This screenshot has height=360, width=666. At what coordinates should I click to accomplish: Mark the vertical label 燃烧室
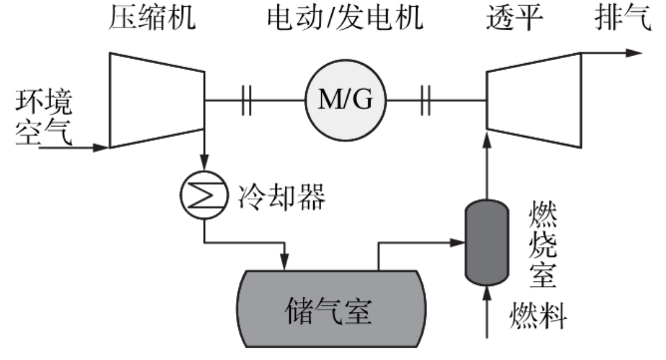click(543, 247)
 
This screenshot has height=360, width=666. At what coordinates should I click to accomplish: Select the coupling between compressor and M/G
click(247, 100)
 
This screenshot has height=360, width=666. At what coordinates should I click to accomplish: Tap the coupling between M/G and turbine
click(425, 100)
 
